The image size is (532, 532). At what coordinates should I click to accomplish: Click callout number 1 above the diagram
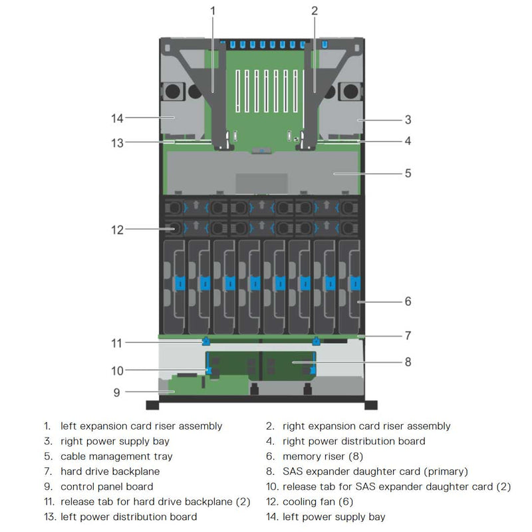213,11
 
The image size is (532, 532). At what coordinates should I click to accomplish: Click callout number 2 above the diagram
315,11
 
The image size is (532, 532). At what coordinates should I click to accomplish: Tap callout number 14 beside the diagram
117,118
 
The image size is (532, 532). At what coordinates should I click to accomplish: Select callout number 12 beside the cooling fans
117,230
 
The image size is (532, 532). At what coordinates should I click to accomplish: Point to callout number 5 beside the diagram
408,173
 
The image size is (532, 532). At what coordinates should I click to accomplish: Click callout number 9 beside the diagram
116,392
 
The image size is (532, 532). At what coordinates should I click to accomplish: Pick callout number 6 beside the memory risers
408,301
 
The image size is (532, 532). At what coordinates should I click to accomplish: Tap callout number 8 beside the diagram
408,362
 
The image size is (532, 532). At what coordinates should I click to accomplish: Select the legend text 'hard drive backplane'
110,471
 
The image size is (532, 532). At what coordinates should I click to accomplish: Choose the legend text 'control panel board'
106,487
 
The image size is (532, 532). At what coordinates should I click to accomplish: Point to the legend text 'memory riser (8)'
323,456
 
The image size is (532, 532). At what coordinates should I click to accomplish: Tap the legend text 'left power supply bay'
333,517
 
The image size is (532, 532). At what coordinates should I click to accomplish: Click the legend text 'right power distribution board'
354,441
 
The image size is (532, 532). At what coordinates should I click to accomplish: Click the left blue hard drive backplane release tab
205,342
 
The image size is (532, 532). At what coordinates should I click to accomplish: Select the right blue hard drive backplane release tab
316,342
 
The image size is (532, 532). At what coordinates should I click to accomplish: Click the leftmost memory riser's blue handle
178,283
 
